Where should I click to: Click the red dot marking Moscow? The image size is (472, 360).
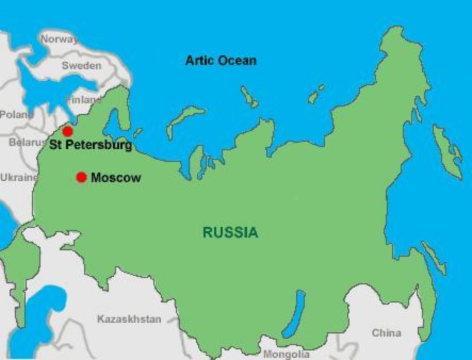pos(81,177)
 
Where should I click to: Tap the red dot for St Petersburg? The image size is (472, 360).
pos(68,131)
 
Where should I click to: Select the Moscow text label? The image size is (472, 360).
pos(116,178)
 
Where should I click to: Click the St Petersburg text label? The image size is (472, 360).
pos(90,145)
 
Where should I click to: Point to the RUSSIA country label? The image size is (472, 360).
pos(230,233)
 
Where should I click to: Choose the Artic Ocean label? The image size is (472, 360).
pos(221,61)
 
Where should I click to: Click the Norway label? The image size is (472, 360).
pos(59,39)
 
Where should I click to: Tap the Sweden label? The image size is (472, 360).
pos(81,66)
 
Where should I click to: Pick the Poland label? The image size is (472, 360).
pos(16,115)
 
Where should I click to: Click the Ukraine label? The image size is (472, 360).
pos(19,177)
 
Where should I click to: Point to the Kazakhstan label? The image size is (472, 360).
pos(129,319)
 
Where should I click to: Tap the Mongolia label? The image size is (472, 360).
pos(284,354)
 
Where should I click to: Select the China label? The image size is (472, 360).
pos(387,333)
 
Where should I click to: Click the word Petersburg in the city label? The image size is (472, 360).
pos(98,145)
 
